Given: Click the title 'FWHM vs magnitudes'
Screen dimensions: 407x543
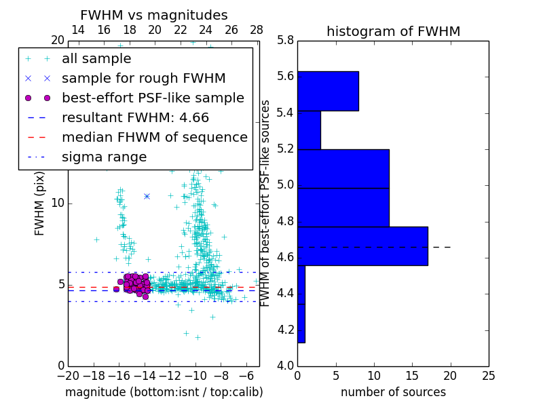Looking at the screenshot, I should pyautogui.click(x=154, y=15).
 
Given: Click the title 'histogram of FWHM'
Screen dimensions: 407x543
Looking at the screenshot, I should pyautogui.click(x=393, y=31).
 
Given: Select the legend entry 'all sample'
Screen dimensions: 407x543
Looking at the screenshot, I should pyautogui.click(x=96, y=59).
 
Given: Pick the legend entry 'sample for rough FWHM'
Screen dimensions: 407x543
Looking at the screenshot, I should pyautogui.click(x=143, y=78).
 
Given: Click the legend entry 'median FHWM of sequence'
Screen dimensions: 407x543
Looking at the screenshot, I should pyautogui.click(x=154, y=137).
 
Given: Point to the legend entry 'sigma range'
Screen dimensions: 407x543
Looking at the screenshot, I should pyautogui.click(x=104, y=157).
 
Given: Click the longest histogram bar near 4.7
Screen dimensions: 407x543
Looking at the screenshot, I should pyautogui.click(x=362, y=246).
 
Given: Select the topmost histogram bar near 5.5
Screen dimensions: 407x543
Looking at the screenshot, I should pyautogui.click(x=328, y=91).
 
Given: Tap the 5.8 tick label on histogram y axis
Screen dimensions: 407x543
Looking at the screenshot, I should pyautogui.click(x=286, y=40).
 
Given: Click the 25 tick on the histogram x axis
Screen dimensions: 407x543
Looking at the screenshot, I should pyautogui.click(x=488, y=375).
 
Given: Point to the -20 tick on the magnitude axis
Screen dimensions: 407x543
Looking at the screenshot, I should pyautogui.click(x=68, y=375).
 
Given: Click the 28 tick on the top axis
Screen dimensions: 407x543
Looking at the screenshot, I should pyautogui.click(x=257, y=30).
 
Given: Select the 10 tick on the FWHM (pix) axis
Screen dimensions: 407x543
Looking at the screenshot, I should pyautogui.click(x=58, y=203).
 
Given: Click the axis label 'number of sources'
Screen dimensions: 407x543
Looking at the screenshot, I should pyautogui.click(x=393, y=392).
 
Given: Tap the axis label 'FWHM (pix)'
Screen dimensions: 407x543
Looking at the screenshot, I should pyautogui.click(x=40, y=203).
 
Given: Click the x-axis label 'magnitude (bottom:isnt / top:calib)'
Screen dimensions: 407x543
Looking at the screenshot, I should pyautogui.click(x=164, y=392).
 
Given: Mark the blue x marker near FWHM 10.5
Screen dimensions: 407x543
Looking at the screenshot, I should pyautogui.click(x=147, y=196).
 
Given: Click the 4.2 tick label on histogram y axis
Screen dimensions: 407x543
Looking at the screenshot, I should pyautogui.click(x=286, y=330).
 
